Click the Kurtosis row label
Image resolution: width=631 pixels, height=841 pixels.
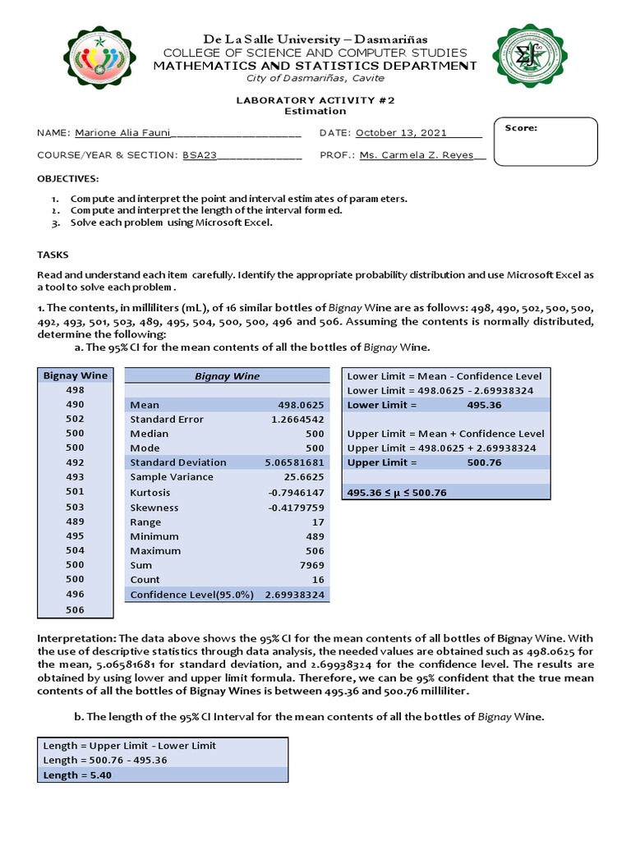coord(150,492)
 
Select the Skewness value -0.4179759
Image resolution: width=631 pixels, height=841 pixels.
coord(297,507)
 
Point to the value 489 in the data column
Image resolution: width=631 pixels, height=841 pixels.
coord(75,521)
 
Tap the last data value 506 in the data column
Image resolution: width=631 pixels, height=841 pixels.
coord(75,609)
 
